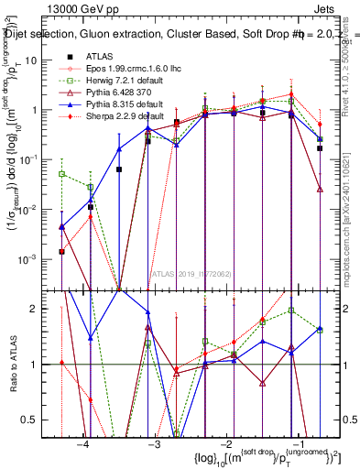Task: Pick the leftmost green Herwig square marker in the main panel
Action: [62, 173]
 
